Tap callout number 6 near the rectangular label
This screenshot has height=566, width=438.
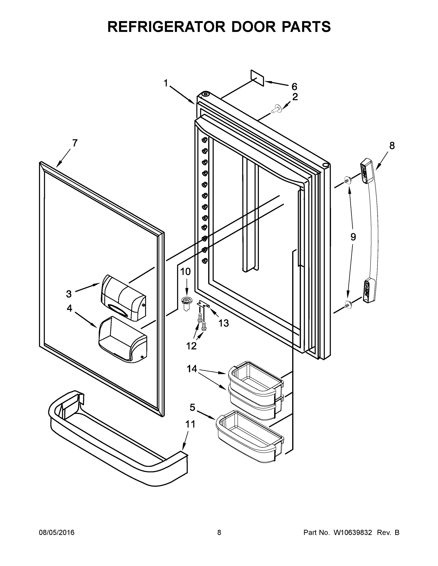tap(294, 87)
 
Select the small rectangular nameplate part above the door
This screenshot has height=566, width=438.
tap(257, 78)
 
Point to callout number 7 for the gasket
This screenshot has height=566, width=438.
tap(75, 143)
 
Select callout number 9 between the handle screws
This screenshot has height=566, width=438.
tap(353, 237)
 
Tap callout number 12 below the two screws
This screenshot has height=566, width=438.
tap(191, 346)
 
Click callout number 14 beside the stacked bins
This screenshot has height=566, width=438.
tap(192, 369)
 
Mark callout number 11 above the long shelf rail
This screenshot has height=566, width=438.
tap(190, 424)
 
